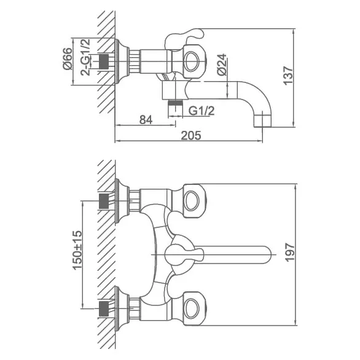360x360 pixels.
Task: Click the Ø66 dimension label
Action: point(67,58)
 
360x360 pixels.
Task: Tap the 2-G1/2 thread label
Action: point(85,57)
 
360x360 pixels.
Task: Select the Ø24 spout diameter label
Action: point(222,65)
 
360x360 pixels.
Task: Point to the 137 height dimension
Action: point(288,76)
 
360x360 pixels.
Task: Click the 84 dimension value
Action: point(146,120)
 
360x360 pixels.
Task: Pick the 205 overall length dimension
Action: point(191,135)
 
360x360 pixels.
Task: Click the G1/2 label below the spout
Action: point(202,111)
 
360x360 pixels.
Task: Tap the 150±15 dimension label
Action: point(77,250)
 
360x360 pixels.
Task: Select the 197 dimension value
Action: point(290,252)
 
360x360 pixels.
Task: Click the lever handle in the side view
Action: point(184,37)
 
